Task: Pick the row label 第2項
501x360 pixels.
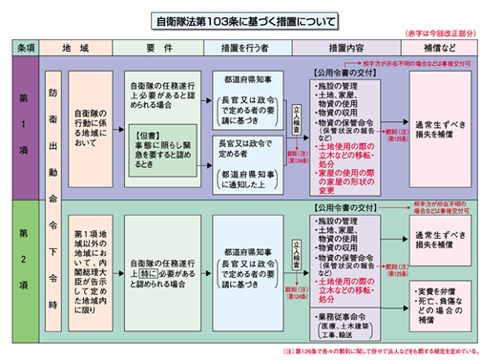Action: (x=22, y=257)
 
